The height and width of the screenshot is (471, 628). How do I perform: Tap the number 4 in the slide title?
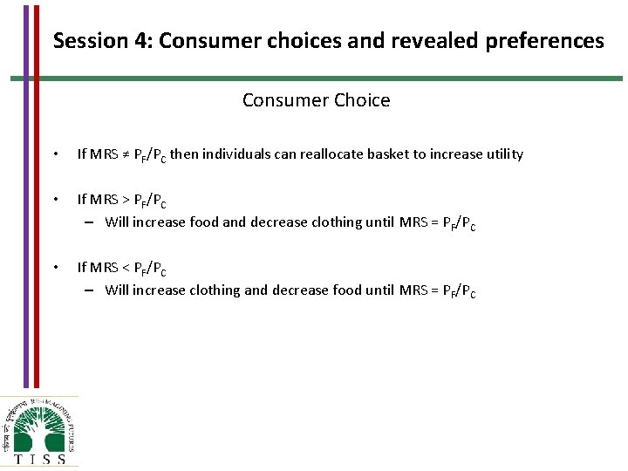tap(140, 41)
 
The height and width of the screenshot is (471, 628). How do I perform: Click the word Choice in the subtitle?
tap(361, 100)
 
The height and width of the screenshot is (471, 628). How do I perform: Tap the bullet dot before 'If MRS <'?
tap(55, 268)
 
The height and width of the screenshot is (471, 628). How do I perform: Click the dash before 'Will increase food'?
tap(90, 222)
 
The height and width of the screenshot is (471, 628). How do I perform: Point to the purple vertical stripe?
tap(25, 192)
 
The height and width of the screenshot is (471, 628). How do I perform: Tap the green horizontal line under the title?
tap(314, 78)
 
